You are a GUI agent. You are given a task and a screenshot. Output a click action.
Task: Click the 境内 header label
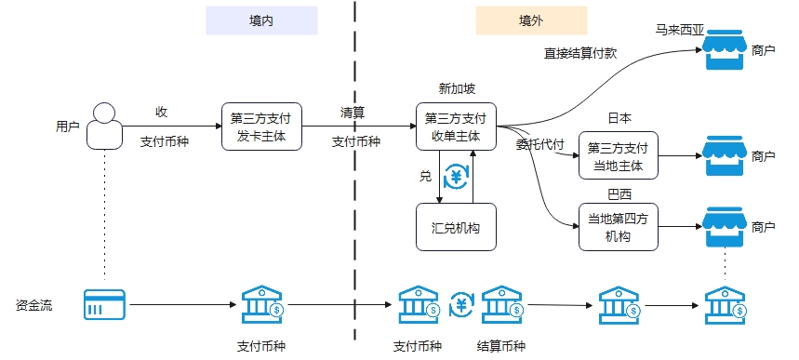[261, 20]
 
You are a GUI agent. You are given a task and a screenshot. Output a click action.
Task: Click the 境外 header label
[531, 20]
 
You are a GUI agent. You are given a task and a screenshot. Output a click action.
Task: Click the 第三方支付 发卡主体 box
[261, 127]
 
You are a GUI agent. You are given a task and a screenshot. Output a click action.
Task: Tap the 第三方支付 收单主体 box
[456, 127]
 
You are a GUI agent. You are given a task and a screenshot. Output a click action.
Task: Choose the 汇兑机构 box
[456, 228]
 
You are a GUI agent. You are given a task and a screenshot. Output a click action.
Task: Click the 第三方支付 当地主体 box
[619, 156]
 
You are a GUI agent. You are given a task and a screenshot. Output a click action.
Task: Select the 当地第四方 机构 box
[619, 228]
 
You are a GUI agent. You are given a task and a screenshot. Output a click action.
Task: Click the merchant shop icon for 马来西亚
[724, 50]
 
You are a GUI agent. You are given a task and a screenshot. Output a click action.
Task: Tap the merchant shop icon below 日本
[724, 155]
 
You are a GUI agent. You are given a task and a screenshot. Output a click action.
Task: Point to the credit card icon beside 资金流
[104, 303]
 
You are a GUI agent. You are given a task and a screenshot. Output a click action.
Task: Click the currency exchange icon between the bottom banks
[461, 304]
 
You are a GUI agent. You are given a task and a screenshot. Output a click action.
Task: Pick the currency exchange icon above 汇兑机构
[456, 176]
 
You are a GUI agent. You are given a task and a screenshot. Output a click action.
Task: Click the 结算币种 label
[500, 346]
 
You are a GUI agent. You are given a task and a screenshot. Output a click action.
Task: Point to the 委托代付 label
[540, 144]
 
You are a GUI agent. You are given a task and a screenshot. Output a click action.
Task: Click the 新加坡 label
[456, 89]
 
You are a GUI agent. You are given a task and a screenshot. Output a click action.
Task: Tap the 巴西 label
[619, 194]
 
